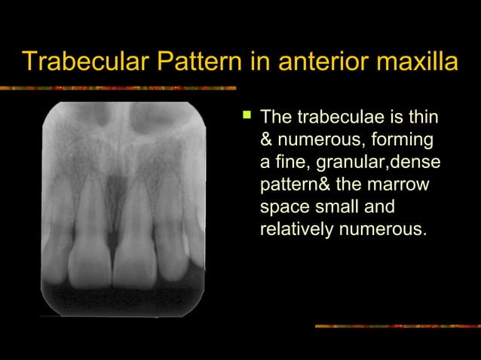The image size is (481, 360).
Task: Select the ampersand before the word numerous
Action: point(266,141)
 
